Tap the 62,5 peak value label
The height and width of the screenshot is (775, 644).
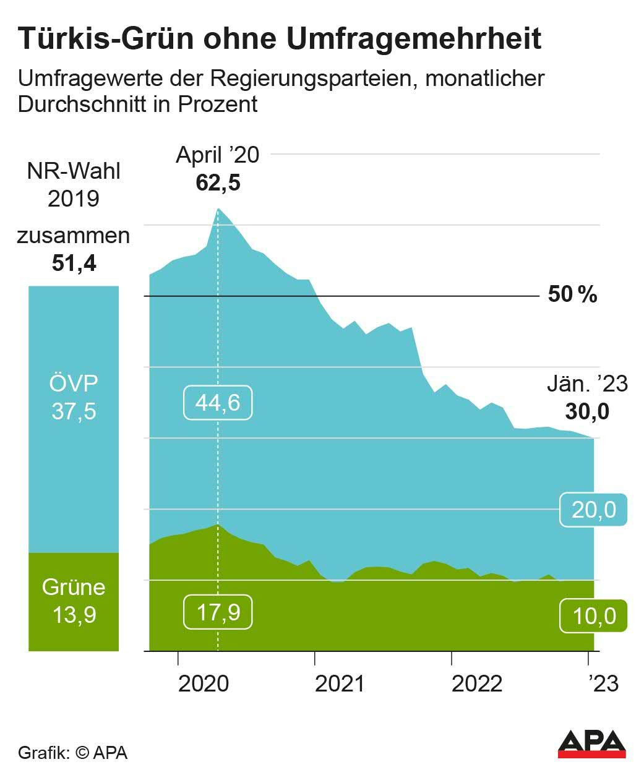point(218,183)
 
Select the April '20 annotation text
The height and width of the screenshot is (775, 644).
point(218,155)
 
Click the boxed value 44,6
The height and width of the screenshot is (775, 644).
point(218,403)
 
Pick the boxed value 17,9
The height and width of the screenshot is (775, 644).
point(218,612)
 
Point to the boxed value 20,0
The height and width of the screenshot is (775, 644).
point(593,509)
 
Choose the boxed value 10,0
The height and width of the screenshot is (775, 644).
point(593,616)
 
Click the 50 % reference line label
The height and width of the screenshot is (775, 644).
point(572,294)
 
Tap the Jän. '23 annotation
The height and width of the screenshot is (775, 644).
point(587,384)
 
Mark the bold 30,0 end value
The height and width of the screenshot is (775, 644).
point(587,411)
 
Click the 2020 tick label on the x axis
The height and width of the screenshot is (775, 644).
point(204,683)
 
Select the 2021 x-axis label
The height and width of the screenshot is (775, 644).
point(340,683)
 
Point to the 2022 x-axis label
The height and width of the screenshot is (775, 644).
point(476,683)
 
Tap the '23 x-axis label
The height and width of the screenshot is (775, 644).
point(603,683)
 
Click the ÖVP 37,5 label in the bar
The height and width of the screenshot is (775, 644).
point(74,397)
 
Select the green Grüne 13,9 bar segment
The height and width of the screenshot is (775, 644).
point(74,601)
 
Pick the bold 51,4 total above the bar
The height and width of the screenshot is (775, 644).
point(74,263)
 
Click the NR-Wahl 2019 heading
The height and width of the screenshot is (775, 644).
point(74,184)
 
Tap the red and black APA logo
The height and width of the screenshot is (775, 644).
point(592,743)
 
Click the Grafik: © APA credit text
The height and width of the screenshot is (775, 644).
point(73,753)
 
